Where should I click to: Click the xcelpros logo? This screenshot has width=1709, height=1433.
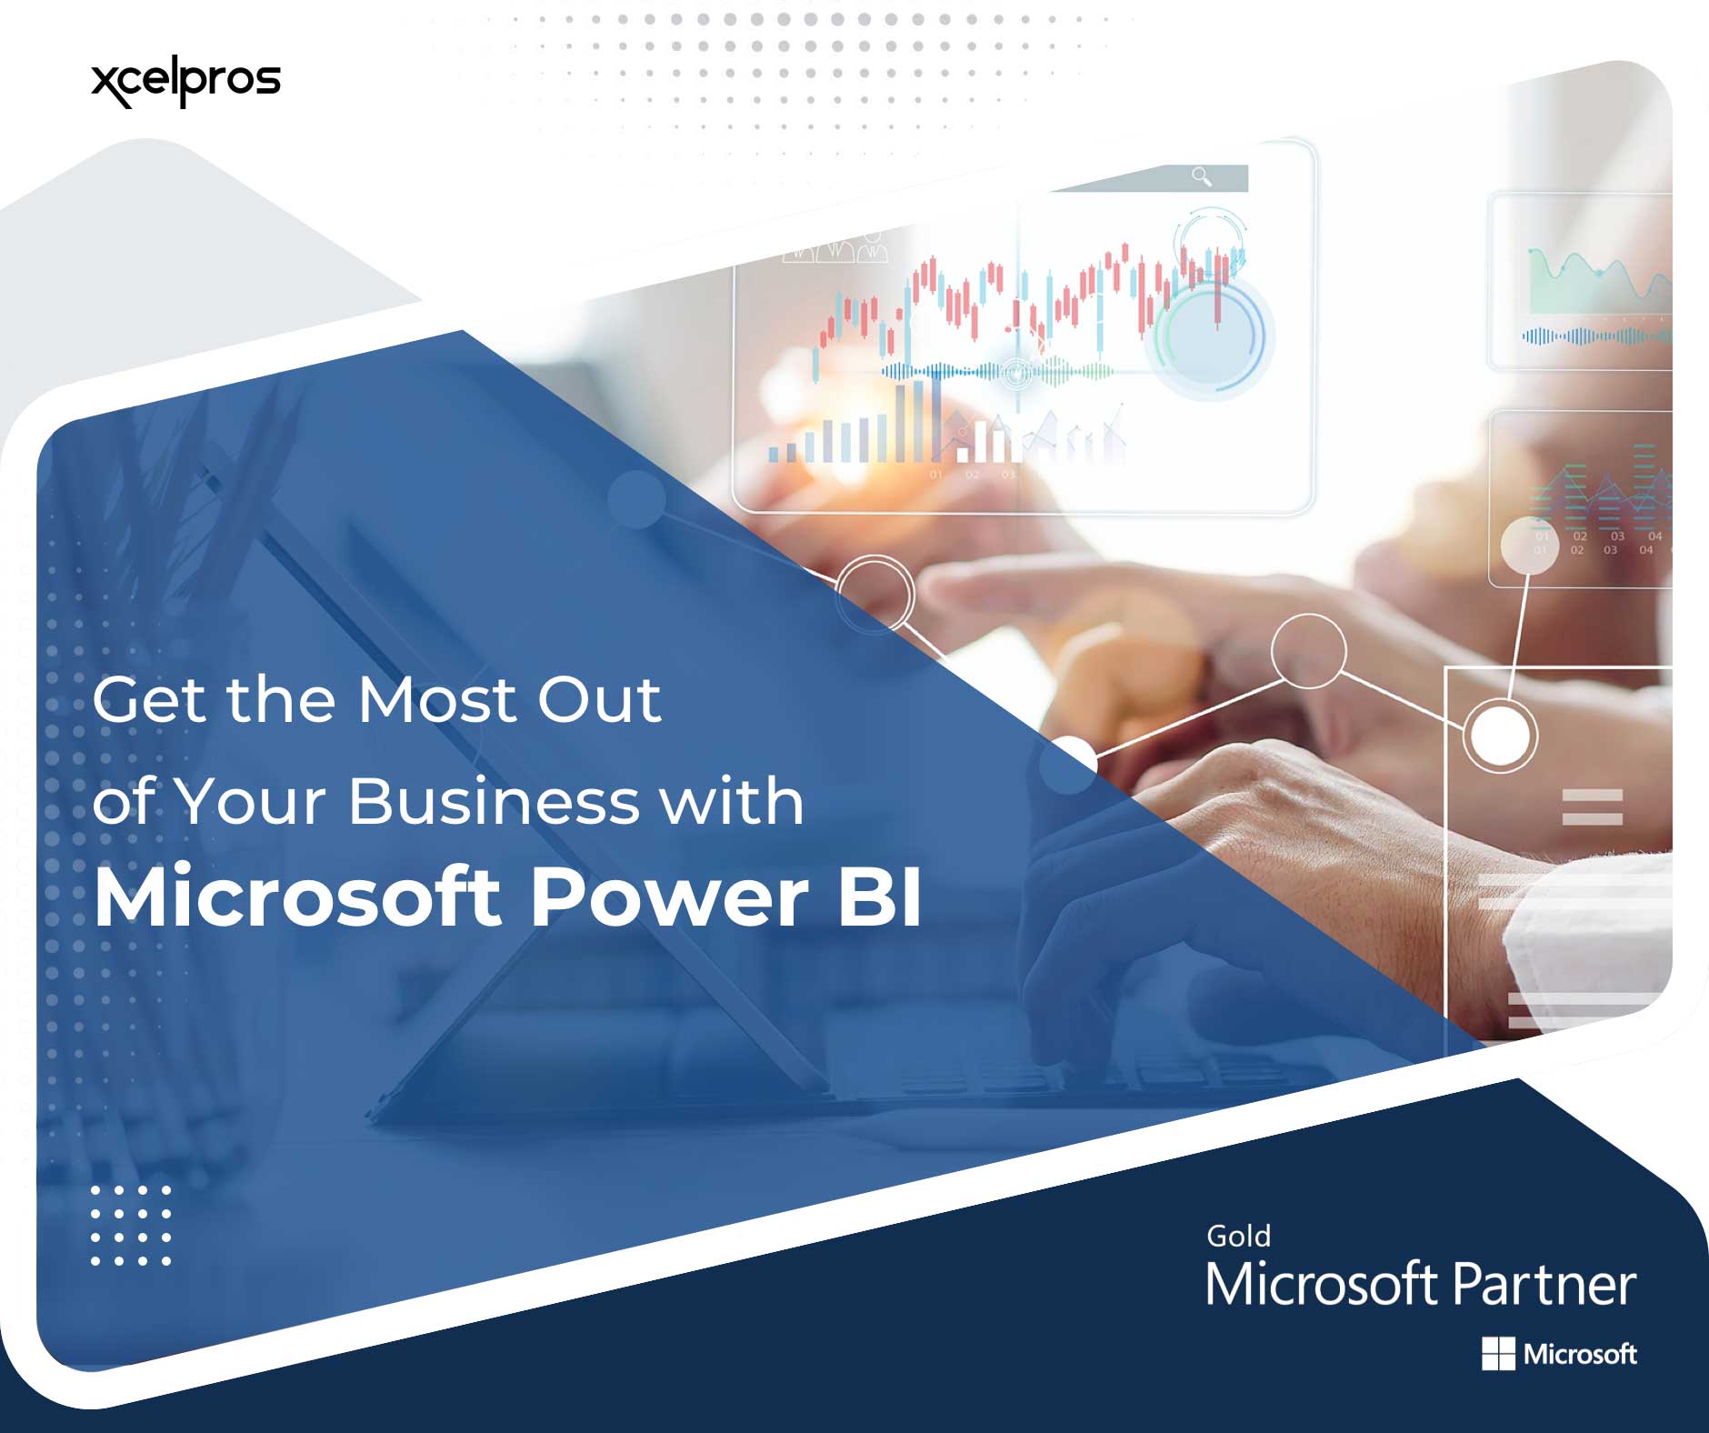point(185,82)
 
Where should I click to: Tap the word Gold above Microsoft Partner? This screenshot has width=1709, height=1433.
point(1238,1237)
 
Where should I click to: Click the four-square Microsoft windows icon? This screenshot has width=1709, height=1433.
point(1498,1354)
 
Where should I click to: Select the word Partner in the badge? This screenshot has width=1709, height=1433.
point(1544,1285)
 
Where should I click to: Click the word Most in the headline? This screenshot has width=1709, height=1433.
point(436,700)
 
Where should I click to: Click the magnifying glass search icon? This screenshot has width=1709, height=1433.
point(1202,176)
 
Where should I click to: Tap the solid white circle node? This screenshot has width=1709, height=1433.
point(1499,735)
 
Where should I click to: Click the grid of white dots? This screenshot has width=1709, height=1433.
point(131,1225)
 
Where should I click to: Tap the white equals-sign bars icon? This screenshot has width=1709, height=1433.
point(1592,807)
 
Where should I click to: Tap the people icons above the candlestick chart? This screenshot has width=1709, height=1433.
point(835,249)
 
